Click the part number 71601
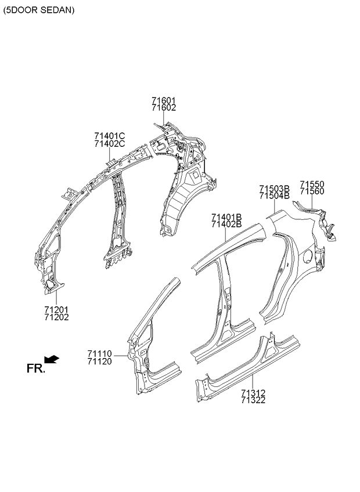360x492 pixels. (x=164, y=101)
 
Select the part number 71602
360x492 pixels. (x=164, y=108)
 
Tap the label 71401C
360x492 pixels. (x=110, y=136)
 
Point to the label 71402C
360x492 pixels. (x=110, y=144)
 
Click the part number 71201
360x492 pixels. (x=56, y=310)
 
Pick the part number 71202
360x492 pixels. (x=56, y=317)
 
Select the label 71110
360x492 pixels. (x=100, y=354)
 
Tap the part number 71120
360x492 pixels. (x=100, y=361)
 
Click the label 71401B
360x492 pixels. (x=226, y=217)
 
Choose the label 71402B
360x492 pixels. (x=226, y=224)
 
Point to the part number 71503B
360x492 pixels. (x=274, y=189)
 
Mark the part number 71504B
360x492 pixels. (x=274, y=196)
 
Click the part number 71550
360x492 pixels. (x=312, y=184)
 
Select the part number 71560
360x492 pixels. (x=312, y=191)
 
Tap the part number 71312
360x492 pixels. (x=253, y=393)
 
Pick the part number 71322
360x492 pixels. (x=253, y=400)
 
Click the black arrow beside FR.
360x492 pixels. (x=52, y=359)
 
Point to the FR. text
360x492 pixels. (x=36, y=368)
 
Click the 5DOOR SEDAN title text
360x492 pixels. (x=39, y=10)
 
